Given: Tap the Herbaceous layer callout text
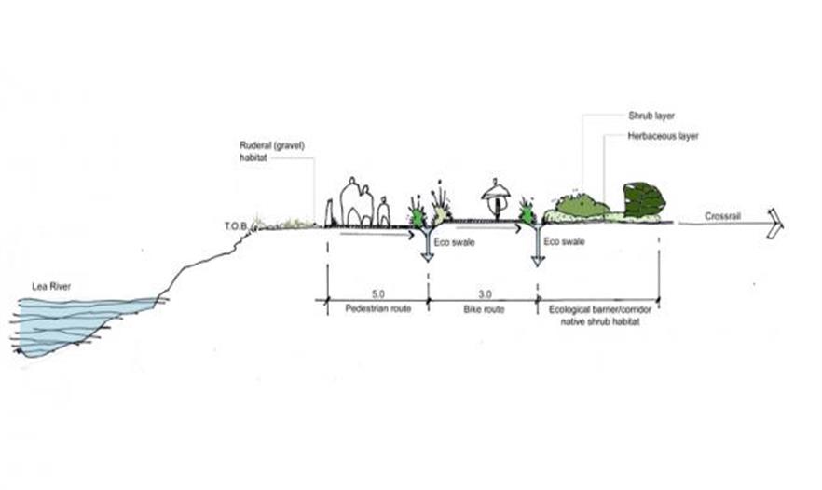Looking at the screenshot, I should point(664,136).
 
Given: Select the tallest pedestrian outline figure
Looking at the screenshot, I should point(353,200).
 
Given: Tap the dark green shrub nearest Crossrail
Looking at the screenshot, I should point(644,199).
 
